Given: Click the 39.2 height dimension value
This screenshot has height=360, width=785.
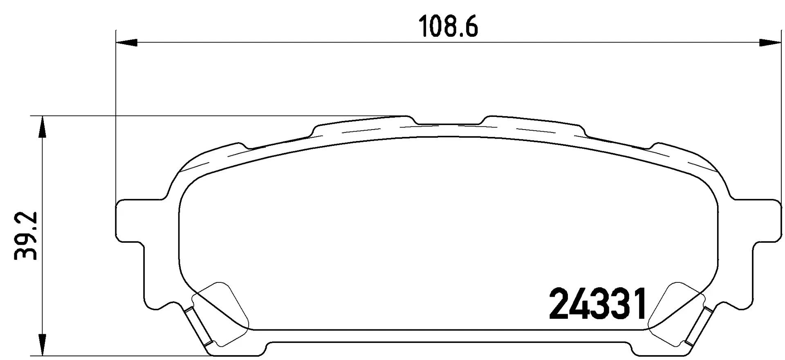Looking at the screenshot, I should [x=26, y=236].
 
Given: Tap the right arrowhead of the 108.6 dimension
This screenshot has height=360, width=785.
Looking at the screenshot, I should [x=769, y=42].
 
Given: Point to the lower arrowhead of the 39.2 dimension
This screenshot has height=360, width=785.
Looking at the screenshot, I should [x=41, y=346].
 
